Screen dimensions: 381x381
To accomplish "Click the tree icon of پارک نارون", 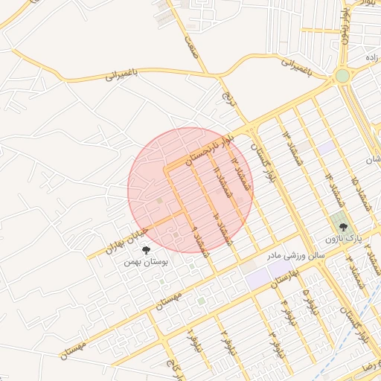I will click(x=342, y=229).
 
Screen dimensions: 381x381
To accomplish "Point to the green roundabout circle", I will click(x=342, y=76).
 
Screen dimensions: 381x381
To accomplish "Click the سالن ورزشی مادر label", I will click(x=274, y=255).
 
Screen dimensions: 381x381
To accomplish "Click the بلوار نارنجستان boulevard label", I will click(x=209, y=150).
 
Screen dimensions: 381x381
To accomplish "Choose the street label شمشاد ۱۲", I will click(x=237, y=168).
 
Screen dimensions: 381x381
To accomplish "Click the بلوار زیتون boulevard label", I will click(x=345, y=23).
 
